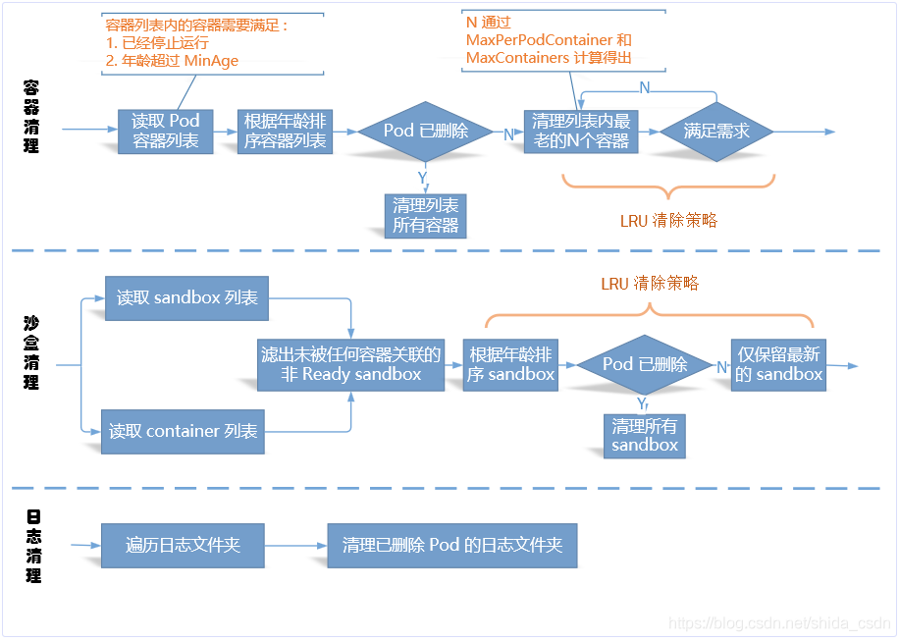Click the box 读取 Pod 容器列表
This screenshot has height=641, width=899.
tap(165, 131)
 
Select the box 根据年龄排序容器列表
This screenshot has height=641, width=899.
tap(285, 131)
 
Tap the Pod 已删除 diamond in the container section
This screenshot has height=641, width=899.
tap(425, 131)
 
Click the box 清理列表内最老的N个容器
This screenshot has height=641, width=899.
tap(581, 131)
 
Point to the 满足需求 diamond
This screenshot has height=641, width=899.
tap(716, 131)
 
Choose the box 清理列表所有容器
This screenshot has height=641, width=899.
tap(425, 215)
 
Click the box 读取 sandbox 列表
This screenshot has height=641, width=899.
tap(186, 297)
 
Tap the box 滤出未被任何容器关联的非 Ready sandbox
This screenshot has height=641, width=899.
tap(350, 364)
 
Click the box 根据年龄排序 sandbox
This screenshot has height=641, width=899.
tap(510, 364)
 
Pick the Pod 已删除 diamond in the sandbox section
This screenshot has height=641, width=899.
tap(645, 364)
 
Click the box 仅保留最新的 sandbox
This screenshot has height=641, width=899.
tap(778, 364)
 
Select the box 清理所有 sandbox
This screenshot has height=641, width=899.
tap(645, 435)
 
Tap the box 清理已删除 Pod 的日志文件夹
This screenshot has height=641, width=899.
tap(452, 545)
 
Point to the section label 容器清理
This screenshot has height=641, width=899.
tap(31, 116)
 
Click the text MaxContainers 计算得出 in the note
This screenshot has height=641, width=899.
tap(549, 58)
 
